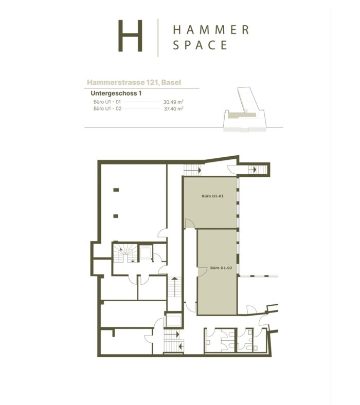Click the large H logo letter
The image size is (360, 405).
pyautogui.click(x=130, y=35)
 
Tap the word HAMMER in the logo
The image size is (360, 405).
pyautogui.click(x=211, y=30)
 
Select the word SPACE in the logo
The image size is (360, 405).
pyautogui.click(x=200, y=45)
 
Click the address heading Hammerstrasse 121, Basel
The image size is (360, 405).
pyautogui.click(x=134, y=82)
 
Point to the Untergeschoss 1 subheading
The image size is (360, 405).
pyautogui.click(x=116, y=93)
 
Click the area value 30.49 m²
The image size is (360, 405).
pyautogui.click(x=173, y=102)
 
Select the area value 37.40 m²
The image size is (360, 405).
pyautogui.click(x=174, y=109)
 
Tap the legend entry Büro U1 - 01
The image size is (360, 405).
pyautogui.click(x=107, y=102)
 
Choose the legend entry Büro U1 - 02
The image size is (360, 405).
pyautogui.click(x=107, y=108)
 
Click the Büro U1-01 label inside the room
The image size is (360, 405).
pyautogui.click(x=212, y=196)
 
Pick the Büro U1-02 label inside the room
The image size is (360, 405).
pyautogui.click(x=221, y=268)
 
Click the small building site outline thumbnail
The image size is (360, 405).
pyautogui.click(x=245, y=109)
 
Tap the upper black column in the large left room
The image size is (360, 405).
pyautogui.click(x=116, y=190)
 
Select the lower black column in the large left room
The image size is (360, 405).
pyautogui.click(x=116, y=216)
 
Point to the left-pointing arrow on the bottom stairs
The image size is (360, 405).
pyautogui.click(x=181, y=346)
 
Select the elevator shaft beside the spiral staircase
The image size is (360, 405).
pyautogui.click(x=145, y=253)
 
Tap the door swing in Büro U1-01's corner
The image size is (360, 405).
pyautogui.click(x=190, y=224)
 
